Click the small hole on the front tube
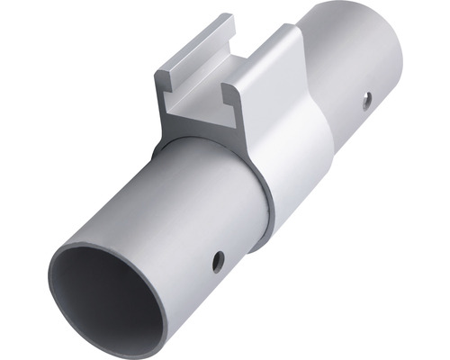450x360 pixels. point(218,262)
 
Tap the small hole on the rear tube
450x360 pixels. point(366,100)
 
